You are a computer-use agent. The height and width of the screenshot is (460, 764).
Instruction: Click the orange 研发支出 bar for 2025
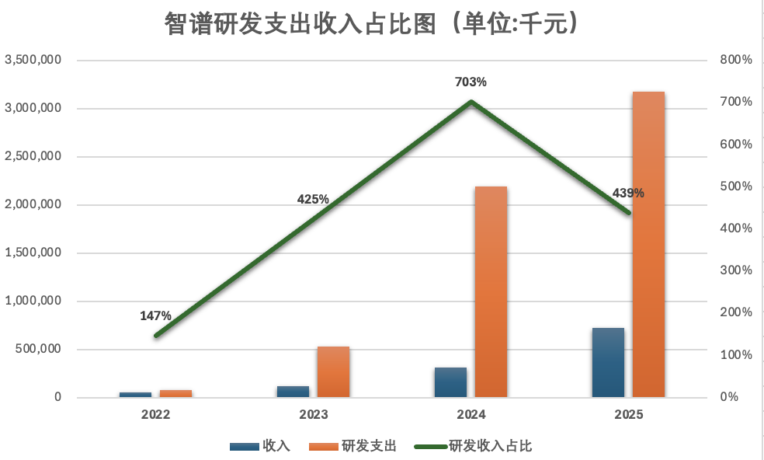click(x=648, y=245)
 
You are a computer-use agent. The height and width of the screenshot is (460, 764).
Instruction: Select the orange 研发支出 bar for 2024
click(x=491, y=292)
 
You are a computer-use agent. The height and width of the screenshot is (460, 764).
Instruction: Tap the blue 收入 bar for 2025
click(x=608, y=363)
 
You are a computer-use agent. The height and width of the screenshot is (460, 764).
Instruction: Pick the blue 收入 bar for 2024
click(x=450, y=382)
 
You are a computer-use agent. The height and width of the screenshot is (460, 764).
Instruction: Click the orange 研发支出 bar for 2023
click(x=333, y=372)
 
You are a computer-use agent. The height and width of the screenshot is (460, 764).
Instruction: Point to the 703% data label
click(x=471, y=82)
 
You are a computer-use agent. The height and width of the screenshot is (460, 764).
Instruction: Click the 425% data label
click(x=313, y=199)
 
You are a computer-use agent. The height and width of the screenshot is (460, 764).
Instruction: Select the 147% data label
click(x=155, y=315)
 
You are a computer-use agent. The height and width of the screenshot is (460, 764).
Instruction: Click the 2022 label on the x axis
click(x=155, y=415)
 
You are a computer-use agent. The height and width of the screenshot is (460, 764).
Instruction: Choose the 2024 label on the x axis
click(x=471, y=415)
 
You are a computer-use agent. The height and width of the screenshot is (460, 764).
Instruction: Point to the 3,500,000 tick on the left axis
click(x=33, y=60)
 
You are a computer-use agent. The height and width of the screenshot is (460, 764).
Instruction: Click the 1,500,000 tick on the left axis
click(x=33, y=253)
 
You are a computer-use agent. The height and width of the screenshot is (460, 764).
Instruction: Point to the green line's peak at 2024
click(x=471, y=102)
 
